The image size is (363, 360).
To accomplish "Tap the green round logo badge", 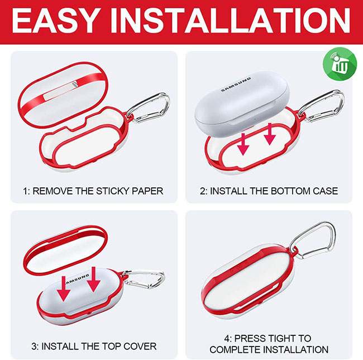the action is point(340,64).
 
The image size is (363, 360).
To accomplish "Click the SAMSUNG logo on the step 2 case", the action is point(236,84).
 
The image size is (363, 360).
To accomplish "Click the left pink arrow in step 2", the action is point(243,144).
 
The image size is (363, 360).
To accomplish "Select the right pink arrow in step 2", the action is point(270,134).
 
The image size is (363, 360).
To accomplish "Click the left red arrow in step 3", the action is point(64,288).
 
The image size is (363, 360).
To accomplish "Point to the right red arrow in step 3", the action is point(93,279).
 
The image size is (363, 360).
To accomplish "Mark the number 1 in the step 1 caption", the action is point(25,191).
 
